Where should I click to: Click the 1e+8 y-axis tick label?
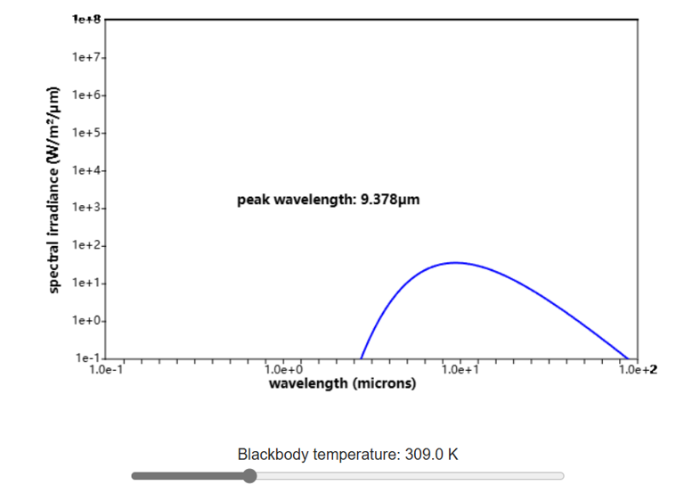tap(88, 20)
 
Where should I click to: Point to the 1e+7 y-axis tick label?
tap(88, 58)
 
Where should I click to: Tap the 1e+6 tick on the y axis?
tap(88, 95)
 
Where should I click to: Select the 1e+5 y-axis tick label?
tap(88, 133)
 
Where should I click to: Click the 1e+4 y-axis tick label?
tap(88, 170)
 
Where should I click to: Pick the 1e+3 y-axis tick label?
tap(88, 208)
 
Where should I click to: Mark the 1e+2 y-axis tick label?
tap(88, 245)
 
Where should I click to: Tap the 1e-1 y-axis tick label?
tap(90, 357)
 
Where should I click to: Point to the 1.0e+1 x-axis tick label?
tap(460, 369)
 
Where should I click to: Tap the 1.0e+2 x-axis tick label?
tap(638, 369)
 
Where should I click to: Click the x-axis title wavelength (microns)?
tap(342, 384)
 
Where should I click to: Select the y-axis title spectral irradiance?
tap(54, 189)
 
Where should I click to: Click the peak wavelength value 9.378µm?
tap(389, 200)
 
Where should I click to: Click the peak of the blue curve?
tap(455, 262)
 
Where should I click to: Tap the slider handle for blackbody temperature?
tap(249, 476)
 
